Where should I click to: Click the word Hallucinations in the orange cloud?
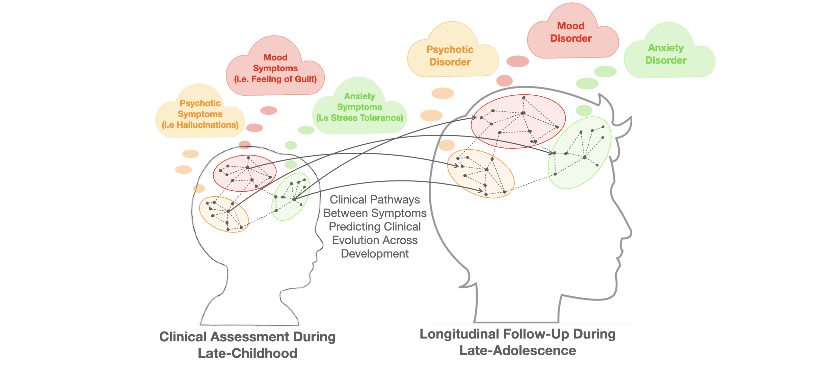(x=207, y=125)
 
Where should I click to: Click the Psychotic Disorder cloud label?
(x=450, y=56)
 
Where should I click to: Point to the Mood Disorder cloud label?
(x=570, y=32)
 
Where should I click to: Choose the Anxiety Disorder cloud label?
(x=666, y=54)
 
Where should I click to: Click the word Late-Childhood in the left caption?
(x=247, y=354)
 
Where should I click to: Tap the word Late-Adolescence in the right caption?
(x=517, y=351)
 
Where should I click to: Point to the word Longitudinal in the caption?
(x=459, y=334)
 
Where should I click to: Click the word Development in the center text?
(x=375, y=254)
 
